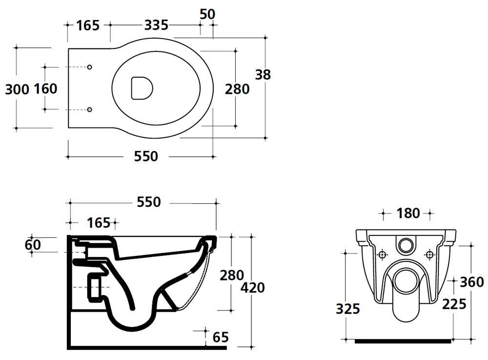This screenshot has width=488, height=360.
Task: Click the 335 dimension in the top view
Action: click(156, 25)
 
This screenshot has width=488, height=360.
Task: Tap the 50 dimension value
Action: click(207, 14)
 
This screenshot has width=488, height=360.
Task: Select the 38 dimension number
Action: click(263, 75)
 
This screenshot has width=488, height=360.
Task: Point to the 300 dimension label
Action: click(17, 90)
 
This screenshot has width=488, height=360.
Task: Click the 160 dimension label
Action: click(45, 89)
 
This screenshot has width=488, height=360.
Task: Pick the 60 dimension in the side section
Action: click(33, 245)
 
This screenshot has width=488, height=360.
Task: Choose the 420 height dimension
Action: click(252, 288)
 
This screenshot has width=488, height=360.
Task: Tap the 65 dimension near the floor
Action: click(221, 337)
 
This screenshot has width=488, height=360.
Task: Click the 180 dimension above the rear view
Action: click(408, 213)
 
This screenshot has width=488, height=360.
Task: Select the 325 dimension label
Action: click(348, 309)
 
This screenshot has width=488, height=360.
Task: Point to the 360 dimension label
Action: click(472, 282)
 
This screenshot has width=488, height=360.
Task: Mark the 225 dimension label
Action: click(454, 304)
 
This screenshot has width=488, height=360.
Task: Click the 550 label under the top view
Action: click(146, 156)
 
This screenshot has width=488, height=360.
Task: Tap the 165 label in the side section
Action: click(99, 223)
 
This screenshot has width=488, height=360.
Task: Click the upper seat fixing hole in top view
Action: click(90, 67)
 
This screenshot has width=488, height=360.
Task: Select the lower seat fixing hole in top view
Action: click(90, 109)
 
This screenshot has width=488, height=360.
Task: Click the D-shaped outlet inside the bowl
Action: click(142, 88)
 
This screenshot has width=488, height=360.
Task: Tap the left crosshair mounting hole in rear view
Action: click(382, 255)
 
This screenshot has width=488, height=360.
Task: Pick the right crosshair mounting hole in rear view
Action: click(429, 255)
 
